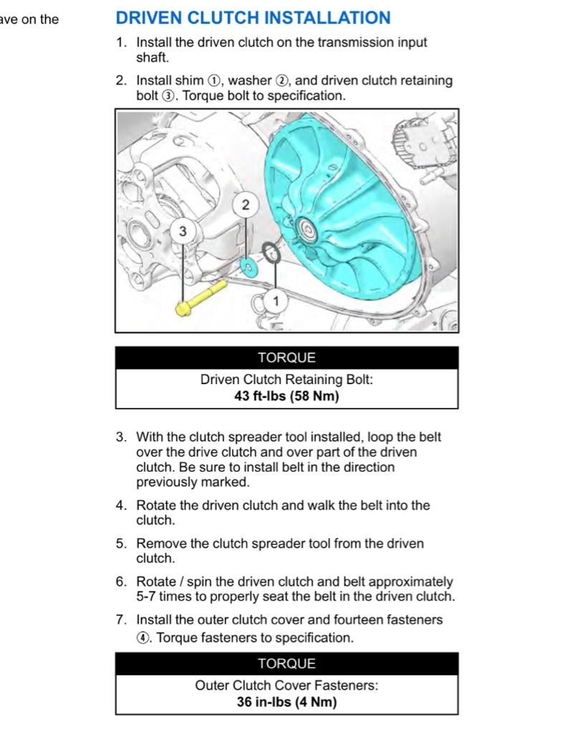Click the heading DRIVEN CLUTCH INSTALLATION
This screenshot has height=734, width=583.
(x=253, y=18)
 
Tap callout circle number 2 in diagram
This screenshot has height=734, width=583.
(x=246, y=205)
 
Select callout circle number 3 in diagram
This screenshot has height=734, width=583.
(x=183, y=231)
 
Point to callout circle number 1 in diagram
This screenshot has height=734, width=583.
(x=275, y=301)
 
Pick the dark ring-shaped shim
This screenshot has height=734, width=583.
(x=271, y=252)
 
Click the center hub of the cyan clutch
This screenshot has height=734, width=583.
(x=307, y=230)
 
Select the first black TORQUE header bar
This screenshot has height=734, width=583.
(x=286, y=358)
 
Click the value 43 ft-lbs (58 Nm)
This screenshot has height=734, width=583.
(x=286, y=396)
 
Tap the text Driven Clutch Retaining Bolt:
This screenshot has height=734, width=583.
(x=286, y=379)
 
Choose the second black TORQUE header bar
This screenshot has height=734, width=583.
(x=286, y=664)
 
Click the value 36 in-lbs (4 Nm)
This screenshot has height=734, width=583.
(x=286, y=702)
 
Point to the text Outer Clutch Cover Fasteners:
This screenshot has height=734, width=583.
(x=286, y=685)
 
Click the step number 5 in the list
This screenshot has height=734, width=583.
(x=120, y=543)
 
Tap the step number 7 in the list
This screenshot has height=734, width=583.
(x=120, y=619)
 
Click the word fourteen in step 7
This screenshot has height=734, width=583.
(x=367, y=619)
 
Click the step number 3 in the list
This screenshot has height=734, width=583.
(x=120, y=437)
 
